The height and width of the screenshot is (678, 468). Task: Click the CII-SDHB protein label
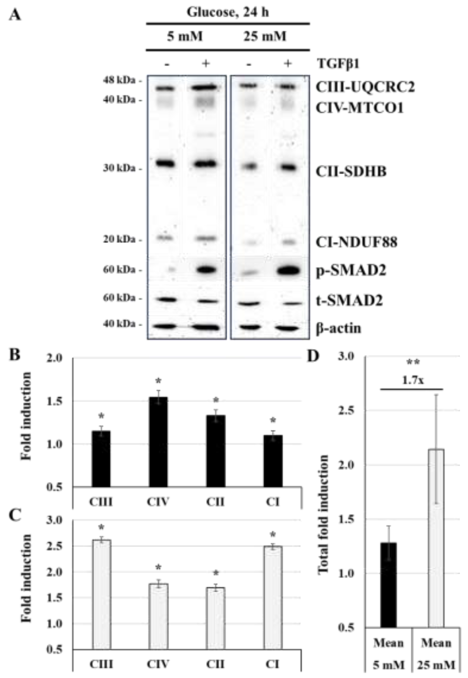[351, 171]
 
